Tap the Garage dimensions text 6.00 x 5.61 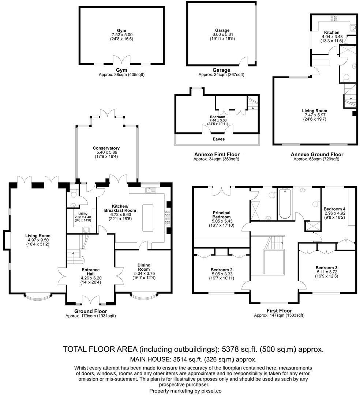(x=222, y=34)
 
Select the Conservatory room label (x=106, y=148)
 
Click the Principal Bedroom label (x=222, y=215)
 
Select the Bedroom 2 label (x=222, y=270)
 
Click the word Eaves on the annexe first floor (x=218, y=139)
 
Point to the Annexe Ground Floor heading (x=317, y=154)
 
